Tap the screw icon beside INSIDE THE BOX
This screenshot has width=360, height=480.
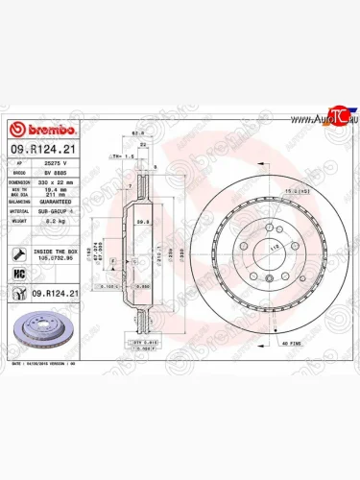click(19, 254)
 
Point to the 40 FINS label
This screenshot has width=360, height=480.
click(291, 342)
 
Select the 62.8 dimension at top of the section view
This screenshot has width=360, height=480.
click(138, 134)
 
